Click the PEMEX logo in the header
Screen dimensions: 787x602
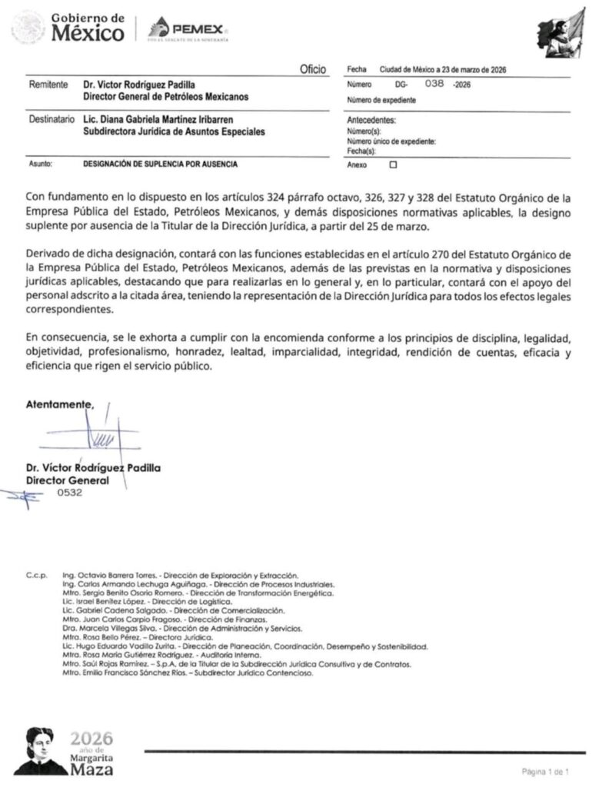(x=189, y=28)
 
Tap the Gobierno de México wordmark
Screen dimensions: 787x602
(x=87, y=28)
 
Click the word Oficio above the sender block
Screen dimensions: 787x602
(x=314, y=70)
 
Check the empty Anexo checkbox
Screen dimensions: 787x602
(x=394, y=164)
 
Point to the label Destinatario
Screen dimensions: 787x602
(x=50, y=120)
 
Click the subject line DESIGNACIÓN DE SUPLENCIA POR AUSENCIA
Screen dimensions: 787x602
(x=161, y=164)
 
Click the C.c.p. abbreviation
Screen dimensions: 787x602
(x=36, y=576)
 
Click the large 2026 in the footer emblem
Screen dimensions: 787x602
(x=91, y=738)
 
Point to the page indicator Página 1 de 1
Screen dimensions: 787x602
(x=545, y=770)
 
